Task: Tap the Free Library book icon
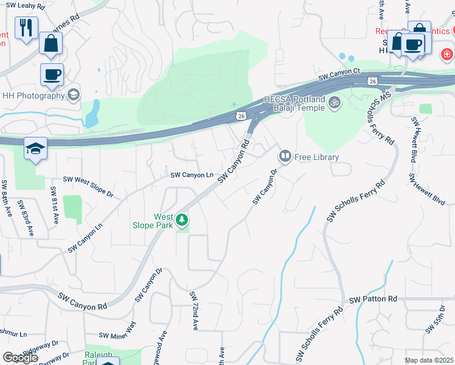point(284,157)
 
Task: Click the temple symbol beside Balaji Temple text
point(333,103)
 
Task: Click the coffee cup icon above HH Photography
point(52,74)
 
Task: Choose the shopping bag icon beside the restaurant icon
point(51,43)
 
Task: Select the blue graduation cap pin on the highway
point(36,149)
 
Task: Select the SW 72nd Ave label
point(194,310)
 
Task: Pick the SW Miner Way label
point(118,335)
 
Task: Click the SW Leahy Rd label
point(23,6)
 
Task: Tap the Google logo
point(20,358)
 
